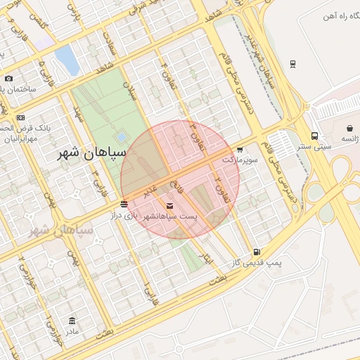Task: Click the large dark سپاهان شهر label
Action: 93,153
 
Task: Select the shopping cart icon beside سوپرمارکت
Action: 240,150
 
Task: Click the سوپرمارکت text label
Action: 237,160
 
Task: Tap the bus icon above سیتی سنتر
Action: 314,136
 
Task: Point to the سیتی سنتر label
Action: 314,146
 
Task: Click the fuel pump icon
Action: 257,252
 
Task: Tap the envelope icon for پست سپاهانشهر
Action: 169,205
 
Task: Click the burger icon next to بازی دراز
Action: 124,204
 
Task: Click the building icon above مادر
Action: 72,321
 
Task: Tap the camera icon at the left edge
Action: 8,79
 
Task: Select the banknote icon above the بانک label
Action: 21,117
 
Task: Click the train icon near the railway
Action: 292,64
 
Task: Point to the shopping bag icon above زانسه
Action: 350,129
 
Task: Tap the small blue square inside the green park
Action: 122,136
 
